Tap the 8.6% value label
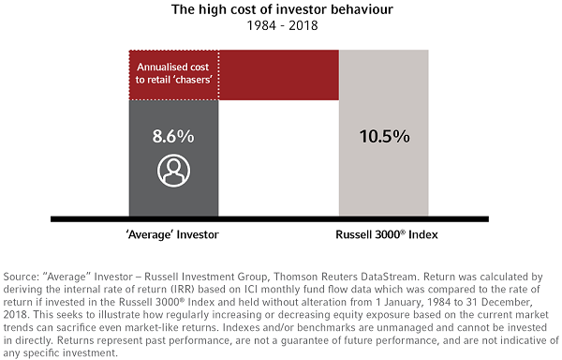pyautogui.click(x=174, y=136)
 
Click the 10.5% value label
pyautogui.click(x=385, y=136)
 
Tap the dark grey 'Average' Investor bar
pyautogui.click(x=174, y=197)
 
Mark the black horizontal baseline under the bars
pyautogui.click(x=280, y=218)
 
